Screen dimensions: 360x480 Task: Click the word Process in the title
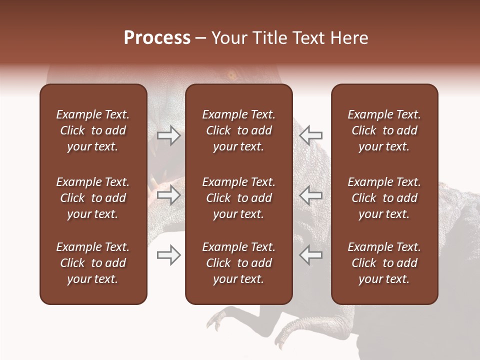coord(157,38)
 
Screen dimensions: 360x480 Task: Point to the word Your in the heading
coord(228,38)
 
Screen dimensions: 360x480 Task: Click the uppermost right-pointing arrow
coord(168,135)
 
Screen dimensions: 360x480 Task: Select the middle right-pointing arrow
coord(168,195)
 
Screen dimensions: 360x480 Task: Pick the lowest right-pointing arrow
coord(168,255)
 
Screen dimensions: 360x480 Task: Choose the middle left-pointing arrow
coord(311,195)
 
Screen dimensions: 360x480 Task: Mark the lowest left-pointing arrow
coord(311,254)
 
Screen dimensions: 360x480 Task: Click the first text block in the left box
coord(93,130)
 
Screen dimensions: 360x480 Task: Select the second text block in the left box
coord(93,198)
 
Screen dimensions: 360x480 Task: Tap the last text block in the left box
coord(93,263)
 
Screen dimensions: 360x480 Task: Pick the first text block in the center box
coord(238,130)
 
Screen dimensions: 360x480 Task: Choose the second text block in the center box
coord(238,198)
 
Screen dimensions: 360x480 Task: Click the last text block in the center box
coord(238,263)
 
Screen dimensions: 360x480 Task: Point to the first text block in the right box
coord(384,130)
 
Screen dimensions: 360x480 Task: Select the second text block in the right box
coord(384,198)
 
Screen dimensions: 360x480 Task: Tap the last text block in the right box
coord(384,263)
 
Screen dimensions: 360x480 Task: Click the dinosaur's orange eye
coord(232,76)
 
